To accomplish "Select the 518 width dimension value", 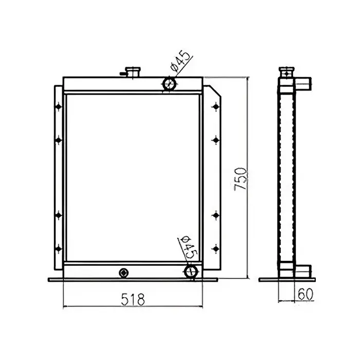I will pyautogui.click(x=132, y=298).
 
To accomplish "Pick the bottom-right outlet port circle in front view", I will pyautogui.click(x=191, y=271).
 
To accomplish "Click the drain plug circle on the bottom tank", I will pyautogui.click(x=123, y=272).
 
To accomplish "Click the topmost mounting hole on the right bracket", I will pyautogui.click(x=215, y=107).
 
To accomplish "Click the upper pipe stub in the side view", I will pyautogui.click(x=304, y=81).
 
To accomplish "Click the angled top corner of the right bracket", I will pyautogui.click(x=217, y=92).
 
